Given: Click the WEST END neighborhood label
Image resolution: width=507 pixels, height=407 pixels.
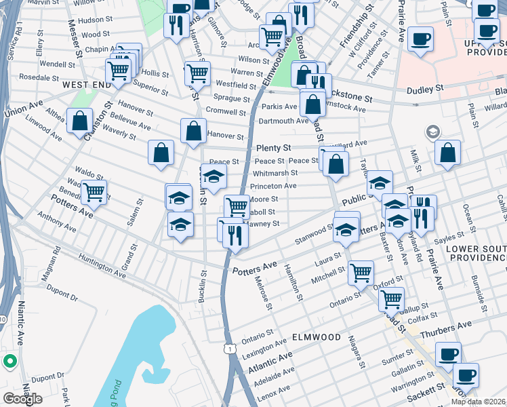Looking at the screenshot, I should (x=86, y=85).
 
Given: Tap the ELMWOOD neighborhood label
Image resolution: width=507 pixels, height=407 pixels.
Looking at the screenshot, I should (x=316, y=336).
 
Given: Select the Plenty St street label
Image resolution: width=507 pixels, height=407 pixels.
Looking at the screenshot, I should (x=273, y=148).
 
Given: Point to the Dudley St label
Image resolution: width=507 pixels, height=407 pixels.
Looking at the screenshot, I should (x=424, y=88).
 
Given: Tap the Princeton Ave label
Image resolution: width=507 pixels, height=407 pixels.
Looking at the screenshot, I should (x=273, y=185).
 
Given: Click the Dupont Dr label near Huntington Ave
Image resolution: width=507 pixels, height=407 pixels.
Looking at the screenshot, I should (x=62, y=296).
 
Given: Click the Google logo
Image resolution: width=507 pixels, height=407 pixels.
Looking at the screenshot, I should (x=22, y=398).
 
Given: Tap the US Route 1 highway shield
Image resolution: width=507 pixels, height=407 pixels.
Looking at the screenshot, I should (x=231, y=349).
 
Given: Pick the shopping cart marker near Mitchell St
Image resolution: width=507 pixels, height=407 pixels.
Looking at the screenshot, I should (x=361, y=272).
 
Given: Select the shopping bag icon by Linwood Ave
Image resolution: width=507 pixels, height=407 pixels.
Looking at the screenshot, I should (x=80, y=121).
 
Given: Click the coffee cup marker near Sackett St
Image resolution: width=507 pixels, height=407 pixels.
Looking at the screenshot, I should (x=465, y=374).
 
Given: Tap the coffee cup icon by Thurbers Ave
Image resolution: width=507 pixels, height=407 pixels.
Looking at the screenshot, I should (x=447, y=353).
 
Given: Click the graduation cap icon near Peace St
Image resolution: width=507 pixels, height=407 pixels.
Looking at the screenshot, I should (x=214, y=177).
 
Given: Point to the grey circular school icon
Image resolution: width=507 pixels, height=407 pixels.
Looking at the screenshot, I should (x=430, y=131).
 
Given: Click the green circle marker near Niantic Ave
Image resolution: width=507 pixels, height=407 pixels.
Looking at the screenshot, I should (x=9, y=362).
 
